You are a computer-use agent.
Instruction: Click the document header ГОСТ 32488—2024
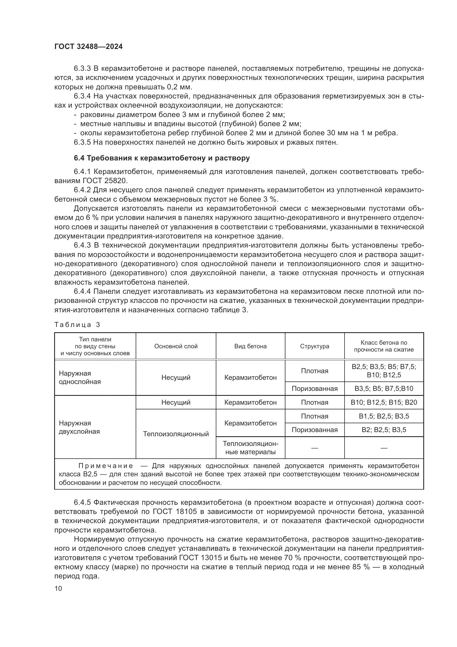point(88,47)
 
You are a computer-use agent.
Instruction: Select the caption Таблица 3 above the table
point(77,325)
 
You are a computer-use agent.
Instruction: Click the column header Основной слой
point(176,346)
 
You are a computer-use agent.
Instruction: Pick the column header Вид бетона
point(250,346)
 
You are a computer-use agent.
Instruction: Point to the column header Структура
point(314,346)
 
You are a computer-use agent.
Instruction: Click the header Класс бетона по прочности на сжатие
point(384,346)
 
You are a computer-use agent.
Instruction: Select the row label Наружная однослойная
point(80,377)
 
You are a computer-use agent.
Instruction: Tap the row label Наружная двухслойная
point(79,427)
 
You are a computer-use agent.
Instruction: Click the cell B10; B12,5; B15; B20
point(384,402)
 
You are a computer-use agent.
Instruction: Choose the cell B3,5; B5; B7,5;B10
point(384,389)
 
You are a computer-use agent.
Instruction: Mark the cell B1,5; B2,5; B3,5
point(384,416)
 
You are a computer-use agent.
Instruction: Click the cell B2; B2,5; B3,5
point(384,430)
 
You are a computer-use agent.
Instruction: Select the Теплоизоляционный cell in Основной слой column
point(176,434)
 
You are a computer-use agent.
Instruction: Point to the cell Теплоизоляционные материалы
point(250,448)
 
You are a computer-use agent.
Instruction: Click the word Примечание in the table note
point(106,466)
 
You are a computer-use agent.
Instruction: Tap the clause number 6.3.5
point(82,142)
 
